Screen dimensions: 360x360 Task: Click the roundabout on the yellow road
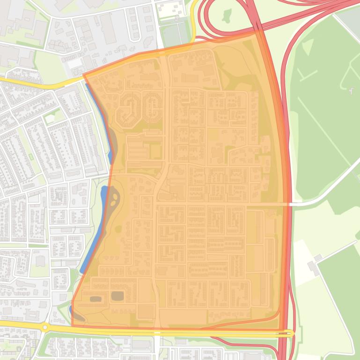pos(45,328)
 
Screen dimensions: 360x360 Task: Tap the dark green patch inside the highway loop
pos(227,16)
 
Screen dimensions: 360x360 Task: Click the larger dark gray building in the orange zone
pos(117,295)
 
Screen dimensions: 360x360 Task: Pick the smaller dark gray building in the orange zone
pos(96,299)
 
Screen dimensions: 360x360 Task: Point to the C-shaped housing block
pos(152,107)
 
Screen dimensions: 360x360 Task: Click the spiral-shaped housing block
pos(128,108)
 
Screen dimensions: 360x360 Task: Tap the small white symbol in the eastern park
pos(351,90)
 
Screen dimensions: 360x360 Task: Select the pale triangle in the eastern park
pos(308,47)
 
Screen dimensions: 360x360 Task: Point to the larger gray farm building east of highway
pos(312,268)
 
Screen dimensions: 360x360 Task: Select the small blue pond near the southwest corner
pos(71,310)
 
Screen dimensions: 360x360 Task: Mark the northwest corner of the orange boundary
pos(83,75)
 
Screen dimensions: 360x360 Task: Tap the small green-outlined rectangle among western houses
pos(31,157)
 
